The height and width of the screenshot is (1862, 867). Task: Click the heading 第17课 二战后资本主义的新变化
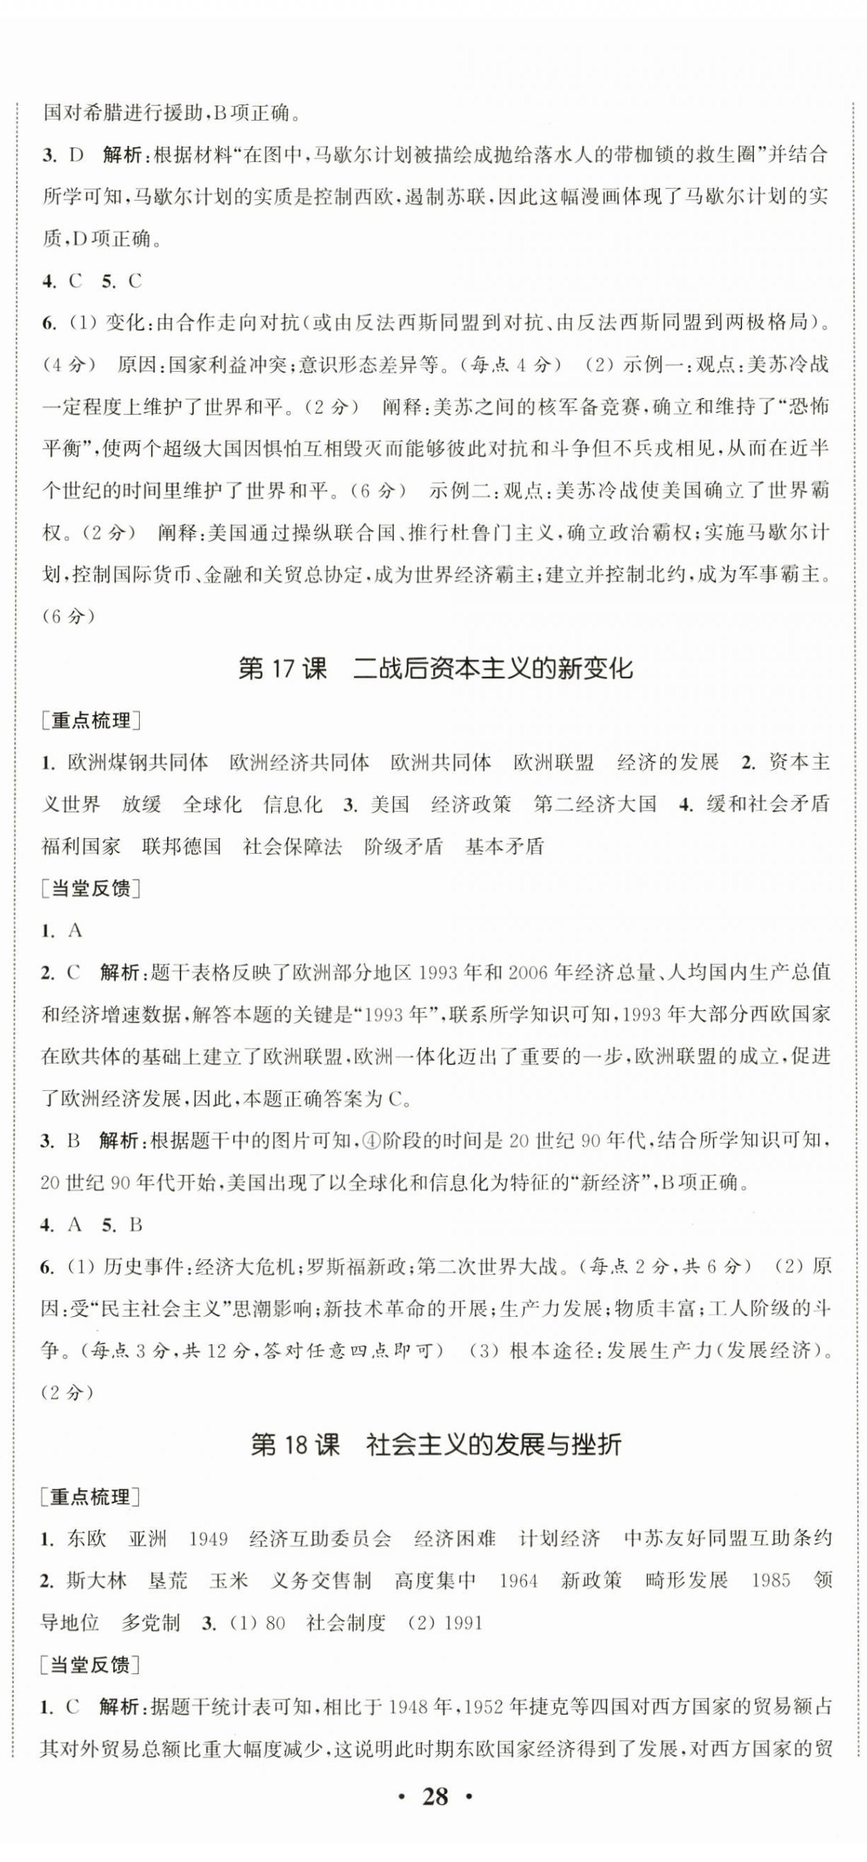tap(435, 669)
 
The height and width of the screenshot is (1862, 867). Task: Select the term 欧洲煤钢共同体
tap(138, 762)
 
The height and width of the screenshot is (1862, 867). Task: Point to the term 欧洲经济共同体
tap(299, 762)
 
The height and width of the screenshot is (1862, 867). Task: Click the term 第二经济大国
tap(595, 804)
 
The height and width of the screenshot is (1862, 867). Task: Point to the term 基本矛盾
tap(504, 846)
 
